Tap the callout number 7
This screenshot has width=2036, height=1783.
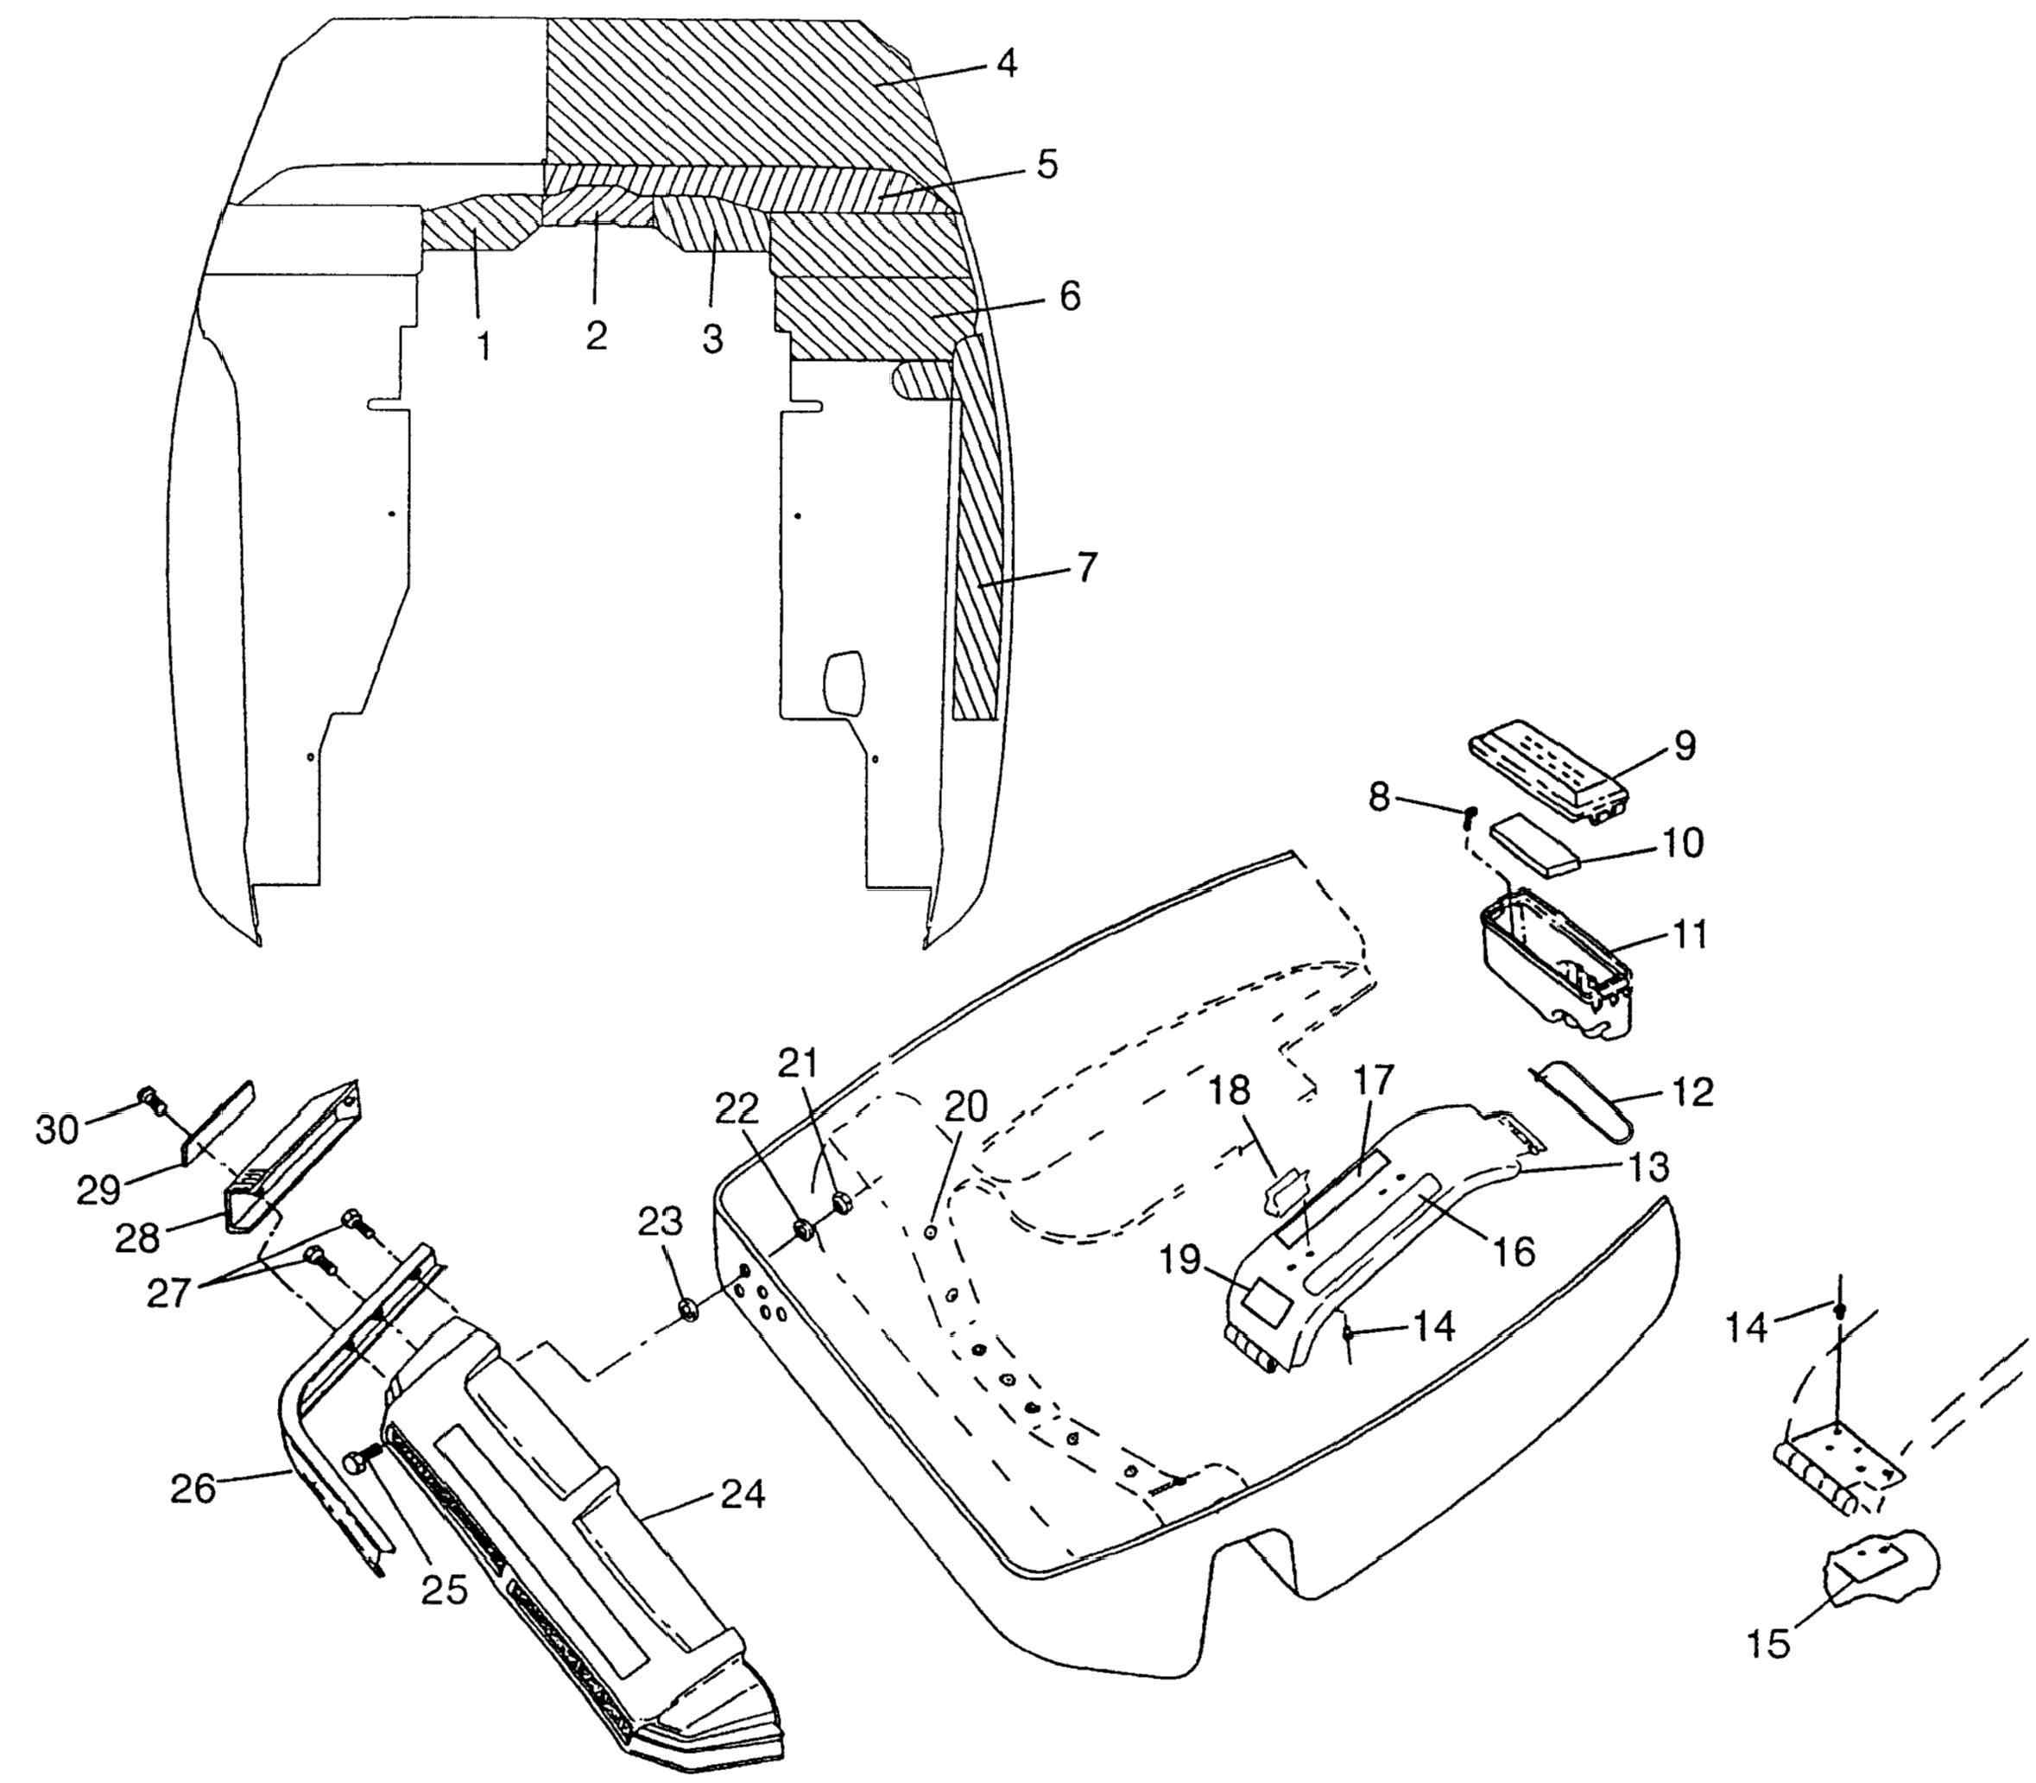tap(1084, 568)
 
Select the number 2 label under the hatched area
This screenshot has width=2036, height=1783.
tap(596, 336)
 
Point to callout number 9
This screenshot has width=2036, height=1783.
tap(1684, 746)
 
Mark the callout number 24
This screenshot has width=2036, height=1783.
tap(743, 1495)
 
